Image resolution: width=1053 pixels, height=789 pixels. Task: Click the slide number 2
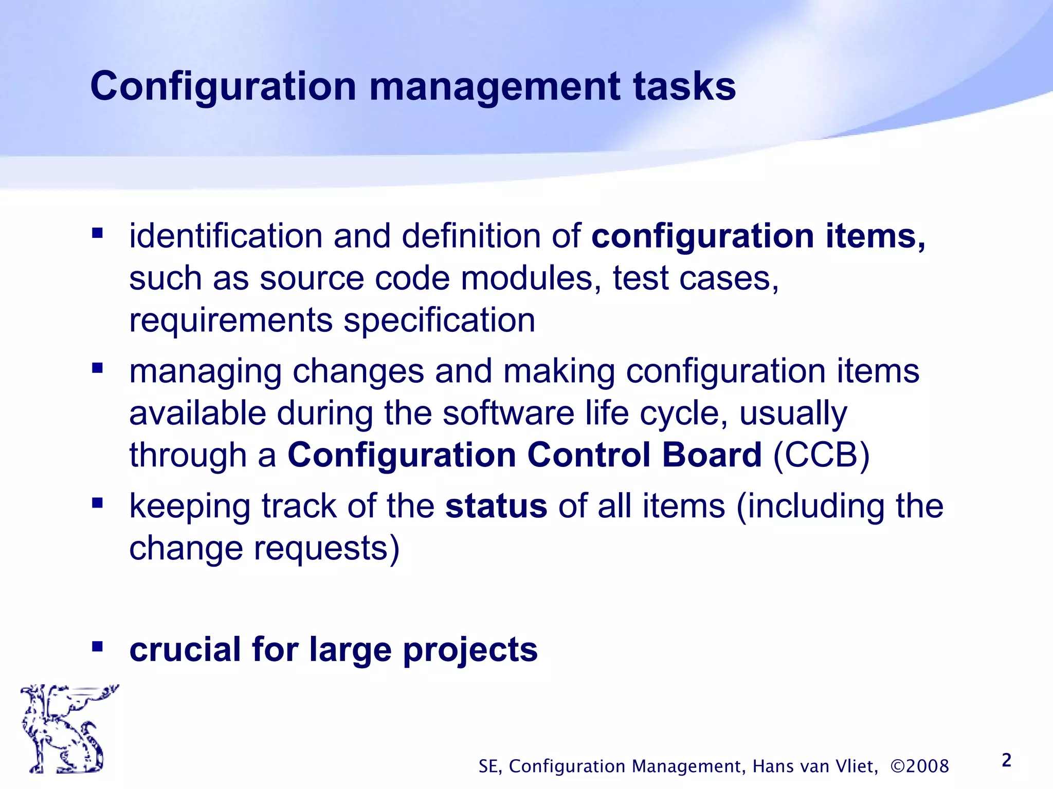1007,760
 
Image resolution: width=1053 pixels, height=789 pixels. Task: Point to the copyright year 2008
927,766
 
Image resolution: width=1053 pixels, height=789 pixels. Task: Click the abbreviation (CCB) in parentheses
821,455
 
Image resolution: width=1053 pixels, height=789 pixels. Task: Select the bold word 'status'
496,506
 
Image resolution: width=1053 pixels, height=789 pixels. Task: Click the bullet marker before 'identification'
97,234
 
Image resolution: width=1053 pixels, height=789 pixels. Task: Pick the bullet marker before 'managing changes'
97,368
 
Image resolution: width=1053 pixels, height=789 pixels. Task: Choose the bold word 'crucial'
185,649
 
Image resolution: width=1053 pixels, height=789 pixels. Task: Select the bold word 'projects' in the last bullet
470,650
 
